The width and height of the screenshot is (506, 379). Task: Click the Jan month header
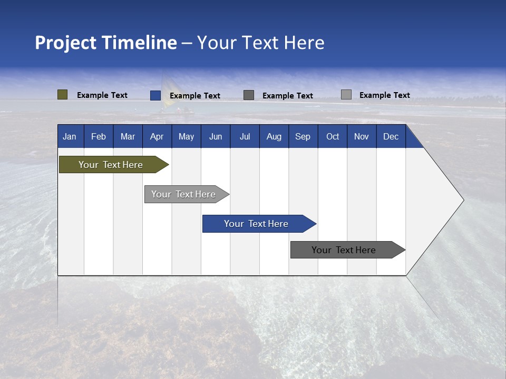click(x=70, y=136)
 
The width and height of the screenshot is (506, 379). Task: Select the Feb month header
click(x=99, y=136)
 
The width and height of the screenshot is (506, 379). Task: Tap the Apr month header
click(x=157, y=136)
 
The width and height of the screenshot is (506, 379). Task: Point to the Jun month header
click(x=216, y=136)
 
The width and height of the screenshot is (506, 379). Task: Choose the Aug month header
click(x=274, y=136)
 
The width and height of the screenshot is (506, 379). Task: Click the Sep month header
click(x=303, y=136)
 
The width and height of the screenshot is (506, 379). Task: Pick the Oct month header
click(x=333, y=136)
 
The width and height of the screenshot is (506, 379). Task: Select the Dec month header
click(x=391, y=136)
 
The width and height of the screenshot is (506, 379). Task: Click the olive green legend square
click(x=62, y=95)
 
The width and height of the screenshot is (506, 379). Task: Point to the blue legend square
click(x=155, y=95)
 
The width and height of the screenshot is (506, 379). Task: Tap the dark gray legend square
click(x=249, y=95)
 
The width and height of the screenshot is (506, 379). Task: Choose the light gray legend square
click(x=346, y=95)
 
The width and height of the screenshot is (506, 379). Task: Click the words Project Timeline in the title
click(x=105, y=43)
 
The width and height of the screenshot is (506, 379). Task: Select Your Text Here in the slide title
click(x=261, y=43)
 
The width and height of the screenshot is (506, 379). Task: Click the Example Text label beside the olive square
click(x=102, y=95)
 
